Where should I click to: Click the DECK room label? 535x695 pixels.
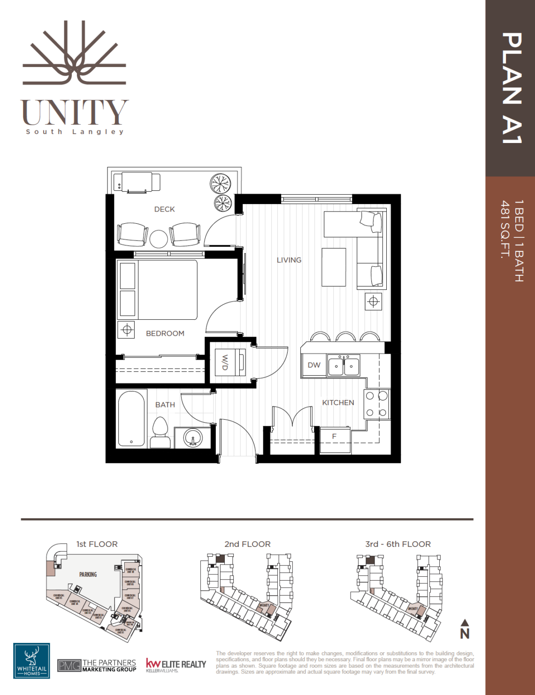(x=164, y=209)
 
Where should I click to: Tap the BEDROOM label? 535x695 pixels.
(x=165, y=333)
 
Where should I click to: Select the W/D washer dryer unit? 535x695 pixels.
(x=230, y=362)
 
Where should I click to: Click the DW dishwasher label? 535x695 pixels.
(x=314, y=365)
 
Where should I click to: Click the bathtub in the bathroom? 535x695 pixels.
(x=131, y=419)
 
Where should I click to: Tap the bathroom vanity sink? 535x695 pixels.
(x=192, y=438)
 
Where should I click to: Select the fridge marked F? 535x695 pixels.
(x=335, y=439)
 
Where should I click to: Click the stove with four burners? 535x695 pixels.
(x=376, y=404)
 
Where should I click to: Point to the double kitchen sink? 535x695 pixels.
(x=344, y=366)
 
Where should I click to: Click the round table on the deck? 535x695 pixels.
(x=159, y=239)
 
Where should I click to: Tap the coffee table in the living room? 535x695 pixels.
(x=334, y=267)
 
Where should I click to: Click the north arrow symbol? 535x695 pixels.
(x=465, y=629)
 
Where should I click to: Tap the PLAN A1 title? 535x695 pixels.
(x=511, y=88)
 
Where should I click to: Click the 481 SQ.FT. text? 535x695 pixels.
(x=505, y=230)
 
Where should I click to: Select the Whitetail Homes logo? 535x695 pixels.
(x=31, y=661)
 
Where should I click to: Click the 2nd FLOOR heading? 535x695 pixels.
(x=247, y=544)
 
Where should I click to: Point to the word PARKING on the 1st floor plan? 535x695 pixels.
(x=88, y=574)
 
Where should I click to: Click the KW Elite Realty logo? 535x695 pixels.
(x=176, y=665)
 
